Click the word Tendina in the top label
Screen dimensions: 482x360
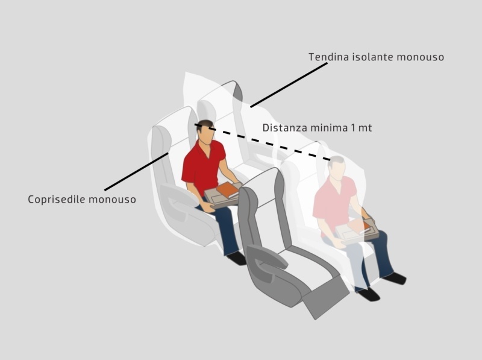(x=328, y=57)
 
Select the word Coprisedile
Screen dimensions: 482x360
(x=56, y=200)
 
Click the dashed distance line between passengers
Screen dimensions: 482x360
(x=262, y=142)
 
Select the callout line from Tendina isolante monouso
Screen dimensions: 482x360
(x=289, y=85)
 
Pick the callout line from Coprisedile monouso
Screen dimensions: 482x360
(x=136, y=171)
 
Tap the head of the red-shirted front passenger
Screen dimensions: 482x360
(x=205, y=132)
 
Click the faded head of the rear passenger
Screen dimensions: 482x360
(x=336, y=168)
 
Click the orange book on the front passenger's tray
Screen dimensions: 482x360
(x=228, y=189)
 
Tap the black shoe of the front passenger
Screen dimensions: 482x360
(x=237, y=258)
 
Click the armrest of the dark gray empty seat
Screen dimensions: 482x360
(x=267, y=256)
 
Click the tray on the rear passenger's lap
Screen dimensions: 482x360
(x=357, y=230)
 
